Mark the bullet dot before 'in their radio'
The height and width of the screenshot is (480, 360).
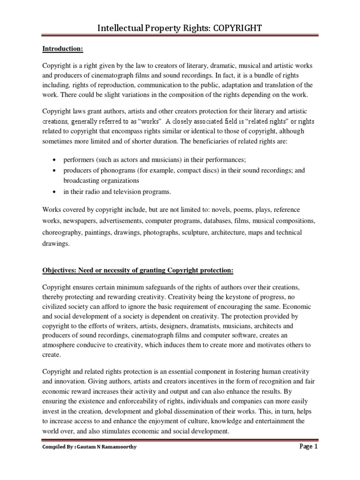[56, 192]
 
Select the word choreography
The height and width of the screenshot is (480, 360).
[63, 232]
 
